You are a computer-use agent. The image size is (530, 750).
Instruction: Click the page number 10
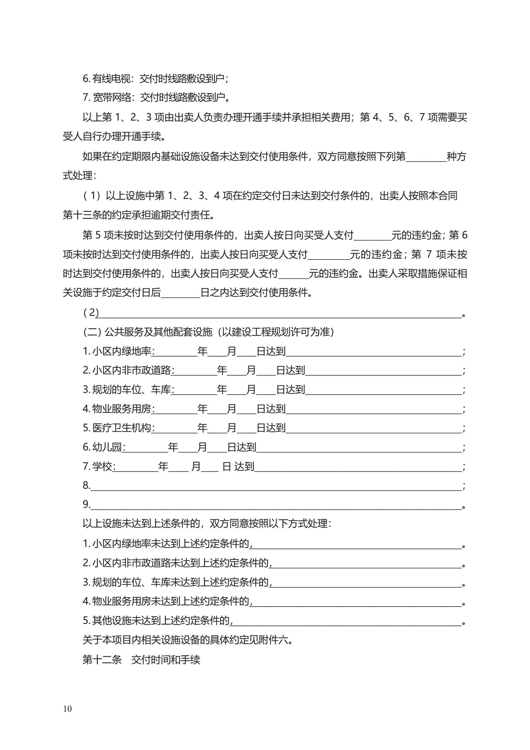pyautogui.click(x=67, y=708)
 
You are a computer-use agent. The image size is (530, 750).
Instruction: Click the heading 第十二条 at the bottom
pyautogui.click(x=102, y=659)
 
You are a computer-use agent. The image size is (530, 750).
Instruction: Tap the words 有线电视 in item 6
pyautogui.click(x=111, y=78)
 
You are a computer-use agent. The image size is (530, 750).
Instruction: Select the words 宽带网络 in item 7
pyautogui.click(x=112, y=97)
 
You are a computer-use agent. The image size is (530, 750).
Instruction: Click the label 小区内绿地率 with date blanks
pyautogui.click(x=121, y=351)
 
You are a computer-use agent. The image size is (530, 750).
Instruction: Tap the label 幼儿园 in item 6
pyautogui.click(x=107, y=447)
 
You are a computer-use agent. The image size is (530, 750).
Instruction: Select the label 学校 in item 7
pyautogui.click(x=102, y=466)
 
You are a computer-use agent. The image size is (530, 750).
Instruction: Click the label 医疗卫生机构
pyautogui.click(x=121, y=428)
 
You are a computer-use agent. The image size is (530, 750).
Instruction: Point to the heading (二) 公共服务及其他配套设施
pyautogui.click(x=208, y=332)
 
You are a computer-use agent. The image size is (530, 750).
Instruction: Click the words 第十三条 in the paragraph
pyautogui.click(x=82, y=215)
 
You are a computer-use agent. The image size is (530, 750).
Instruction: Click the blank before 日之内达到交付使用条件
pyautogui.click(x=180, y=293)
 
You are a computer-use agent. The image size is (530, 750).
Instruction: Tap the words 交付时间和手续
pyautogui.click(x=166, y=659)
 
